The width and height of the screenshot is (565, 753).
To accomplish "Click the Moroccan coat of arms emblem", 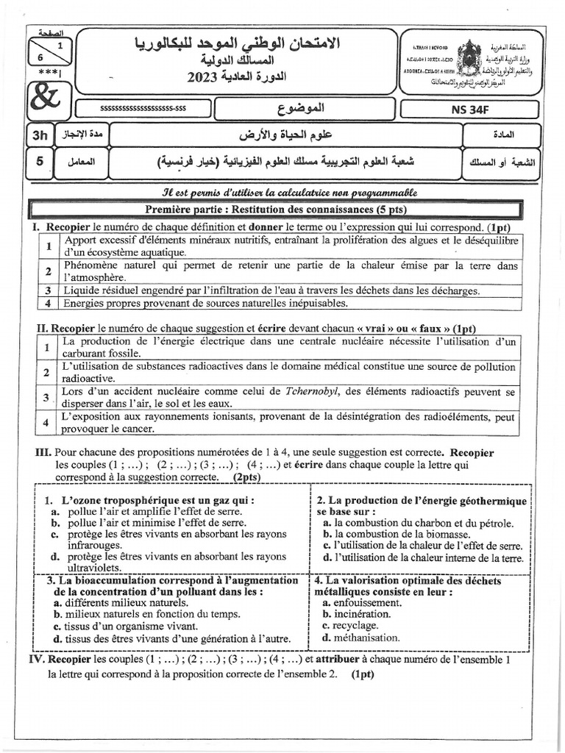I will (469, 57).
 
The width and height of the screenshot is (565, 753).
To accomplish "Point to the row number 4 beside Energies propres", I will (47, 302).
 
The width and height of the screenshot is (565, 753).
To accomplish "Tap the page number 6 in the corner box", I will (40, 56).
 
